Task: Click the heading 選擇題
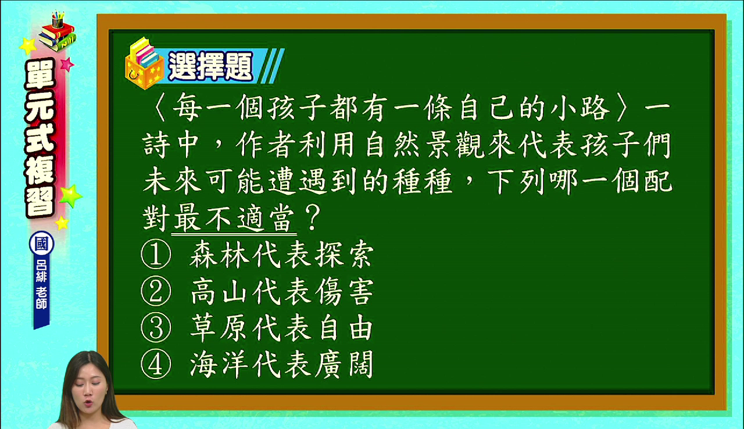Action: coord(210,66)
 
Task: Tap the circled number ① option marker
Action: coord(156,254)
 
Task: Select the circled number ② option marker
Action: coord(156,291)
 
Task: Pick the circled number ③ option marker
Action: coord(156,328)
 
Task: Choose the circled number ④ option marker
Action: coord(156,364)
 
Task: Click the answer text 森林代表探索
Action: coord(282,255)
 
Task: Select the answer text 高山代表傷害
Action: coord(282,291)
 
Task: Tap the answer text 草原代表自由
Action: coord(282,328)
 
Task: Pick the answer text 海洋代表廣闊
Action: coord(282,364)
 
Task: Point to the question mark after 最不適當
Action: coord(312,217)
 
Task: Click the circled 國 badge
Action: coord(41,244)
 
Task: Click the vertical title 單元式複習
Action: coord(40,138)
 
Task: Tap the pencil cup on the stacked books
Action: coord(58,19)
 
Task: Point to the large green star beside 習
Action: coord(70,196)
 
